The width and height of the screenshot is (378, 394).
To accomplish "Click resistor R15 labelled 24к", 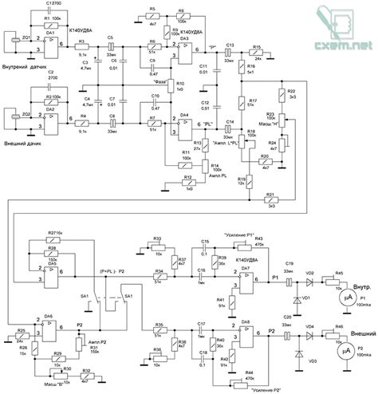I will pos(257,55).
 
